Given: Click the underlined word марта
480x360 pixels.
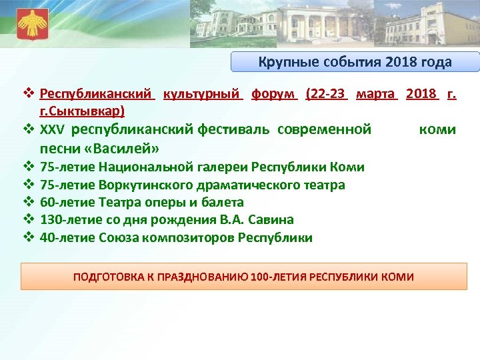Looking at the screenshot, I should [377, 95].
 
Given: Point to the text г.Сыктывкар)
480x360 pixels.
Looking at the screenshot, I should [82, 109].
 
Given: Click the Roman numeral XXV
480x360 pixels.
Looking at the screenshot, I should [52, 129].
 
